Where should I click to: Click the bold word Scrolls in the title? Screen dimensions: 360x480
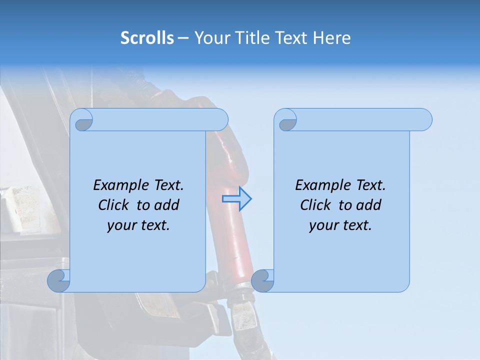(x=147, y=38)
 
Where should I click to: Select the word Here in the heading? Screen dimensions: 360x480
(x=332, y=38)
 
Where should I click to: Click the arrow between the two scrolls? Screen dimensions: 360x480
(x=236, y=199)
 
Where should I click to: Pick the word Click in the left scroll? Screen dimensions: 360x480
(x=114, y=205)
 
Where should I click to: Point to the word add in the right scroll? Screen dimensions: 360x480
(x=369, y=205)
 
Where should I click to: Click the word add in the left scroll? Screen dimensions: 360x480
(x=167, y=205)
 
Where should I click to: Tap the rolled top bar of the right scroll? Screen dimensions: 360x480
(x=360, y=120)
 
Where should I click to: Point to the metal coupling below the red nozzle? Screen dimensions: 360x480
(x=244, y=307)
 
